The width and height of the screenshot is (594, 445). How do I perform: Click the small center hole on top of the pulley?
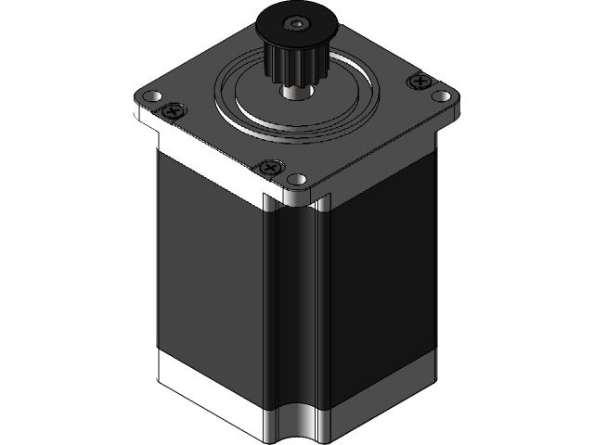coord(296,22)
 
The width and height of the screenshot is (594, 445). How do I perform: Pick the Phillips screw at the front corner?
coord(270,168)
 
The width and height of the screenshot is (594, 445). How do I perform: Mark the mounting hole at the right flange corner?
coord(443,95)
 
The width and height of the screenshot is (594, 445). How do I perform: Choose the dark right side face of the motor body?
coord(381,278)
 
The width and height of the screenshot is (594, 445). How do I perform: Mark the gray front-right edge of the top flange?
coord(390,153)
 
